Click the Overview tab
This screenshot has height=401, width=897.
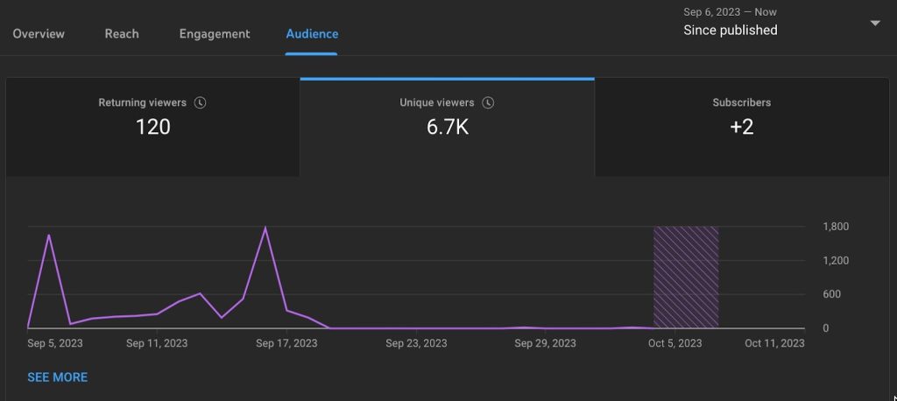(x=39, y=34)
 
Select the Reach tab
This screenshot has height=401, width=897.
(x=122, y=34)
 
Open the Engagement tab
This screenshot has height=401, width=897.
(x=215, y=34)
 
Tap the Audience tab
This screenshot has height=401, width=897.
(x=312, y=34)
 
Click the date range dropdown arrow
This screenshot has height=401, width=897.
(x=874, y=24)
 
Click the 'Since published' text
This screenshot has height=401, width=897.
(x=730, y=30)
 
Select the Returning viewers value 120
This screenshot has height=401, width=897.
(x=152, y=127)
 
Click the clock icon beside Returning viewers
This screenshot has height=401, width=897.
(x=200, y=102)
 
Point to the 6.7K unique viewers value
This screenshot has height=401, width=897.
(x=447, y=127)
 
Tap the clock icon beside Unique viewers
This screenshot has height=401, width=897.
(x=488, y=102)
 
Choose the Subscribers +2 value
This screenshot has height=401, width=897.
(x=741, y=127)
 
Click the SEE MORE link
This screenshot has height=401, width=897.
(x=58, y=377)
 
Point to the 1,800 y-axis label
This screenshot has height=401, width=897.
(x=837, y=227)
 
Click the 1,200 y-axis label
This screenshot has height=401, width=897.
(x=837, y=261)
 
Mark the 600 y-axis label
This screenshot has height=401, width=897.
(x=831, y=294)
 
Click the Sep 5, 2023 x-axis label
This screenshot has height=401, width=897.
(x=55, y=343)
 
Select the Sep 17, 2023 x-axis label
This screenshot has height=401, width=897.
(x=286, y=343)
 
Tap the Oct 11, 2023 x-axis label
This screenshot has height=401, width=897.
(x=774, y=343)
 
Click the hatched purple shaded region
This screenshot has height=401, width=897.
(x=686, y=277)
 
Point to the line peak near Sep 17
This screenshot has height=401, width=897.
(x=265, y=229)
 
